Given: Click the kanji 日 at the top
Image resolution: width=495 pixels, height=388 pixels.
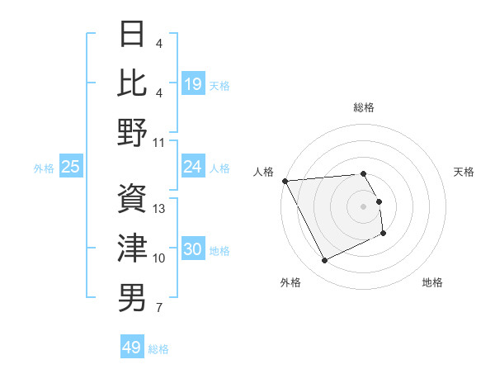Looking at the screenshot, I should click(133, 34).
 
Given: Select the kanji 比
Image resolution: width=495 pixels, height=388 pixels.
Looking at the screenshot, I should click(133, 83).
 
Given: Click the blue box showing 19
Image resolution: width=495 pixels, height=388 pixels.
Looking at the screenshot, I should click(192, 83).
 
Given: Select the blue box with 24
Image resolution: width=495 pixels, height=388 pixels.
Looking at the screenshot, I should click(192, 167).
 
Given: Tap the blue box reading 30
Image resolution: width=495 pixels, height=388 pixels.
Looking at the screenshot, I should click(192, 250).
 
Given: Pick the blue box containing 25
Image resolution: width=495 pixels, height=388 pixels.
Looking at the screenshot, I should click(70, 167).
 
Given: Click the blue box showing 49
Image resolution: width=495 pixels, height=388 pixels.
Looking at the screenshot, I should click(132, 348).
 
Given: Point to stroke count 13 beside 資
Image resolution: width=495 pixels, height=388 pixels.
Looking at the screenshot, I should click(160, 209).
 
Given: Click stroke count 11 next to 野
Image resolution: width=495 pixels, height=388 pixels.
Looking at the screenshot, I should click(159, 142).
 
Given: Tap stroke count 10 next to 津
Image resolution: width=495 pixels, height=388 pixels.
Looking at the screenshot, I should click(159, 258).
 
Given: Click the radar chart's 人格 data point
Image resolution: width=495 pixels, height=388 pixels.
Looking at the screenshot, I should click(285, 181).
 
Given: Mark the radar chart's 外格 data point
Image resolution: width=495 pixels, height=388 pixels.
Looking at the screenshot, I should click(324, 261).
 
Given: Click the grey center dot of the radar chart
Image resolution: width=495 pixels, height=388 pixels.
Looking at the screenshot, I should click(364, 206).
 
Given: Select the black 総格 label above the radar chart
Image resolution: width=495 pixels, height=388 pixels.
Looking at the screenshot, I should click(364, 107).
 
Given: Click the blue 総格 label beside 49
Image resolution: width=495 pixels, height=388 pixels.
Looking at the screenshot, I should click(158, 349).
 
